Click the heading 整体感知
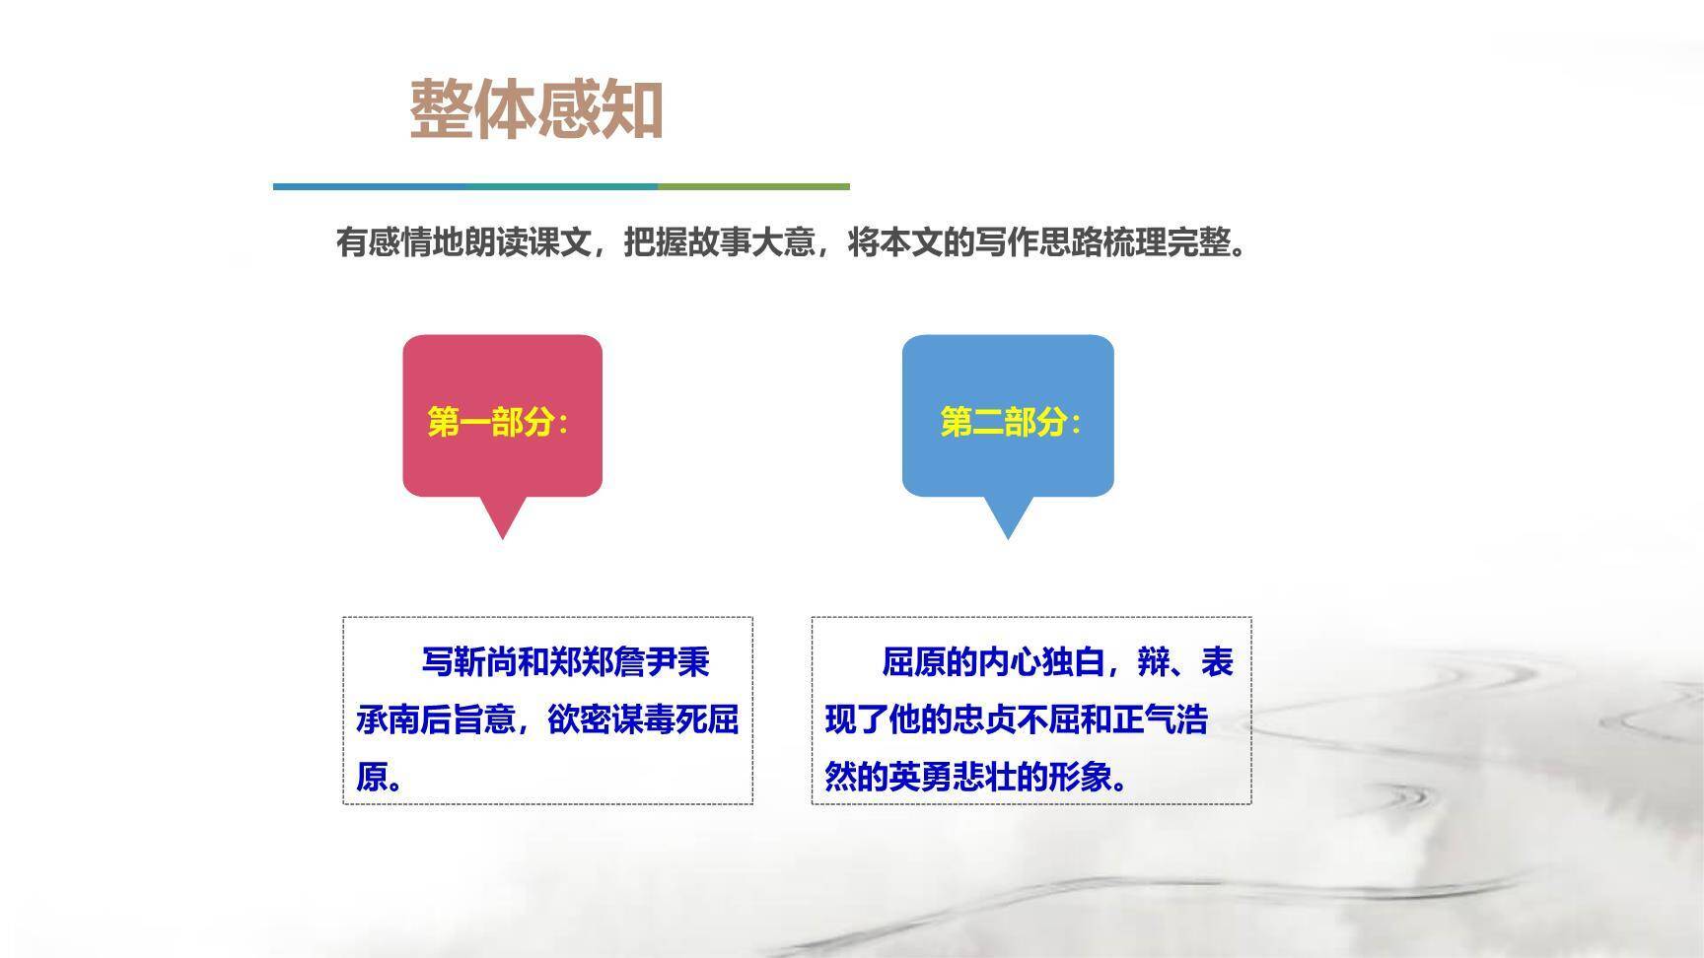coord(535,109)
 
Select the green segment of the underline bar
coord(753,185)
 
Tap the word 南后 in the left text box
coord(421,720)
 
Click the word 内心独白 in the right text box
coord(1041,662)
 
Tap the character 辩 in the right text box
coord(1153,662)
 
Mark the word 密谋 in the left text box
coord(611,720)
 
